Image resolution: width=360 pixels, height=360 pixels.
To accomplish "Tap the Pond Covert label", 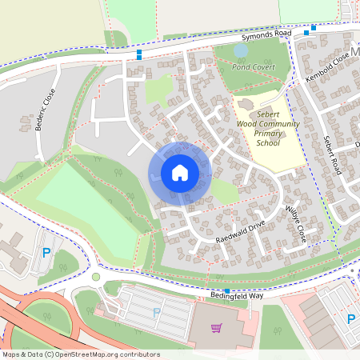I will [x=253, y=67].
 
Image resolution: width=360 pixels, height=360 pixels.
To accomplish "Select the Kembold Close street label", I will [x=328, y=68].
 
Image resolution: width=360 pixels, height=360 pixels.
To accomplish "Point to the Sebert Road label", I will [x=332, y=151].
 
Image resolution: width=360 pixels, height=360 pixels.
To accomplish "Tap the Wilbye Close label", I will [x=295, y=223].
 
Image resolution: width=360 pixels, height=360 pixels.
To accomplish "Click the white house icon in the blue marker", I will [x=180, y=172].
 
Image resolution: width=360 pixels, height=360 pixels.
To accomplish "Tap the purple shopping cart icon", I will [x=216, y=327].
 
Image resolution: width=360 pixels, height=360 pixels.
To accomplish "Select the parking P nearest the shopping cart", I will [x=156, y=313].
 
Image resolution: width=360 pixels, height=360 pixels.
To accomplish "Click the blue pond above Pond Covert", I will [x=240, y=50].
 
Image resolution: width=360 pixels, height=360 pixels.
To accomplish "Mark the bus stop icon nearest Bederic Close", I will [x=140, y=54].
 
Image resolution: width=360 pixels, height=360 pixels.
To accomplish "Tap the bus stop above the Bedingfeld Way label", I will [x=228, y=290].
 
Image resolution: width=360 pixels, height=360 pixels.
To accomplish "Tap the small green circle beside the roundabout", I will [x=96, y=277].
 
